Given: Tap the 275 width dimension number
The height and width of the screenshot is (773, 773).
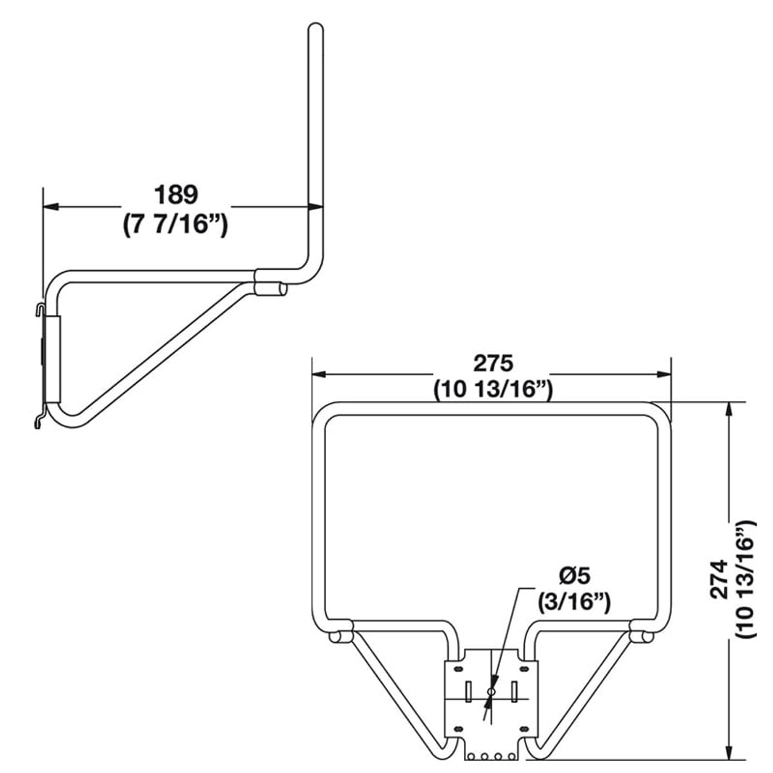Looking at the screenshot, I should click(493, 363).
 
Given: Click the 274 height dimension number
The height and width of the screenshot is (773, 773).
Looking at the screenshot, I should click(718, 579).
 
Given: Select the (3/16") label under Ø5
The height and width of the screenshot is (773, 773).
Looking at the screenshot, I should click(574, 602).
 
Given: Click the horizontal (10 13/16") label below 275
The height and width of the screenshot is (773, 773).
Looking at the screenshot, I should click(493, 390).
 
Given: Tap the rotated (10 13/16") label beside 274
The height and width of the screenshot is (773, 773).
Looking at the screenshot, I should click(746, 579).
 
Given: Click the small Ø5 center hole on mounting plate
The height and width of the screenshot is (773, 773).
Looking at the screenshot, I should click(491, 691).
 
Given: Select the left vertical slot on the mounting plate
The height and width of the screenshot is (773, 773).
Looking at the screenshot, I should click(469, 691).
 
